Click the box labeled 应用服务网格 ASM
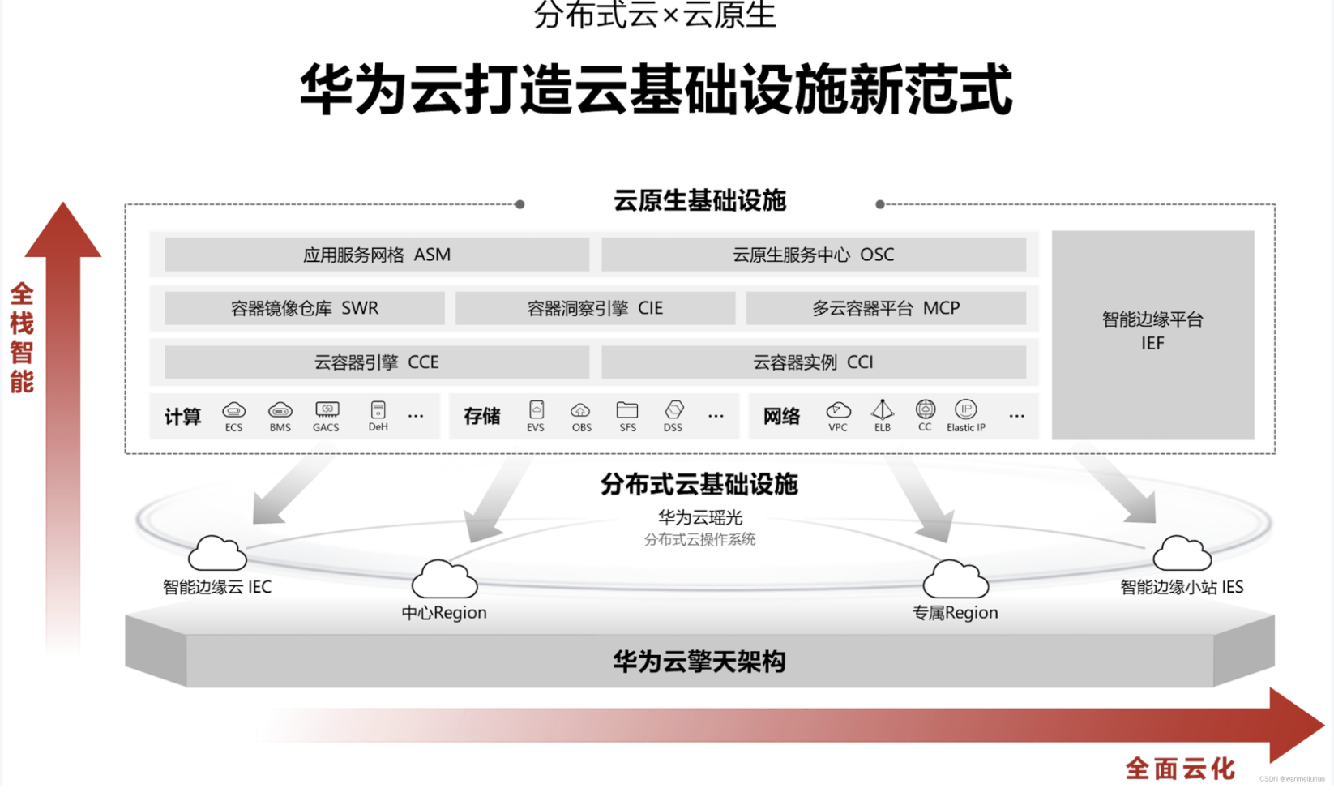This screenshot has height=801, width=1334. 377,255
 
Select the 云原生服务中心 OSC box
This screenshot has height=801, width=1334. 813,255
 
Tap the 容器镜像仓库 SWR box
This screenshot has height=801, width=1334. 305,308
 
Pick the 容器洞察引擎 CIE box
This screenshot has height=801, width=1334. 595,308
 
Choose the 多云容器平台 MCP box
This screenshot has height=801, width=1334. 886,308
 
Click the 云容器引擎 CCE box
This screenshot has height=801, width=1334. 377,362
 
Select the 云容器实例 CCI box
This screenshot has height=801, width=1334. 813,362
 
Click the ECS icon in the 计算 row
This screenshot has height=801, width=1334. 233,410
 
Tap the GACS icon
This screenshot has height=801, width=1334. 327,410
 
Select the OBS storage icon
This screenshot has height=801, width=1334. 581,410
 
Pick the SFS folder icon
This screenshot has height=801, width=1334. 627,410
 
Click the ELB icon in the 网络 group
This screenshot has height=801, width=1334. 882,409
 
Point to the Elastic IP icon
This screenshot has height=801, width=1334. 965,409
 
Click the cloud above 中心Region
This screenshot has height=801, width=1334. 444,579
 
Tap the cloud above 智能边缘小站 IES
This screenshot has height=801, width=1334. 1182,553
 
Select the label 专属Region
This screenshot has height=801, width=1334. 955,613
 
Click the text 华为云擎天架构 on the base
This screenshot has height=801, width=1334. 699,662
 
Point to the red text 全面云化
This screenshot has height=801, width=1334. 1179,769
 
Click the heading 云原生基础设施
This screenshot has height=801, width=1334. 699,200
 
